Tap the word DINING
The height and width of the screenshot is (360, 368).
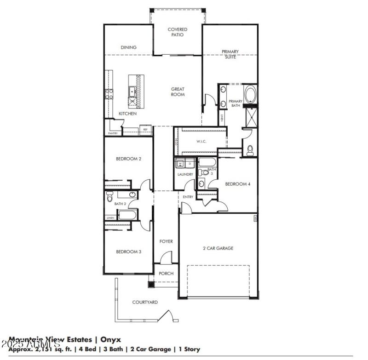128,47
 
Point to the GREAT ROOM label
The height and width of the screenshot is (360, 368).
178,92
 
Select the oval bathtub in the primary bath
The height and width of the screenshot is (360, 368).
251,95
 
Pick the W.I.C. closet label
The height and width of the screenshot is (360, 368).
201,142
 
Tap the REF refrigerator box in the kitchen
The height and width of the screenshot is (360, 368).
145,130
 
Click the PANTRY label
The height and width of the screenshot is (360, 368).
113,133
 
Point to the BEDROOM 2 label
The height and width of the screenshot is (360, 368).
128,159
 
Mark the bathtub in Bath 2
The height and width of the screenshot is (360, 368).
127,215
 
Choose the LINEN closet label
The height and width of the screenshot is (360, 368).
110,218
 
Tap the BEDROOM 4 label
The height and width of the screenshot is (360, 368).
237,184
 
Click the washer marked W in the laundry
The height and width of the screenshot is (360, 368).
180,163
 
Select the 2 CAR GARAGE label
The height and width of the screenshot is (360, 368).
218,248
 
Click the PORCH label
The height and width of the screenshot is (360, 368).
166,274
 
